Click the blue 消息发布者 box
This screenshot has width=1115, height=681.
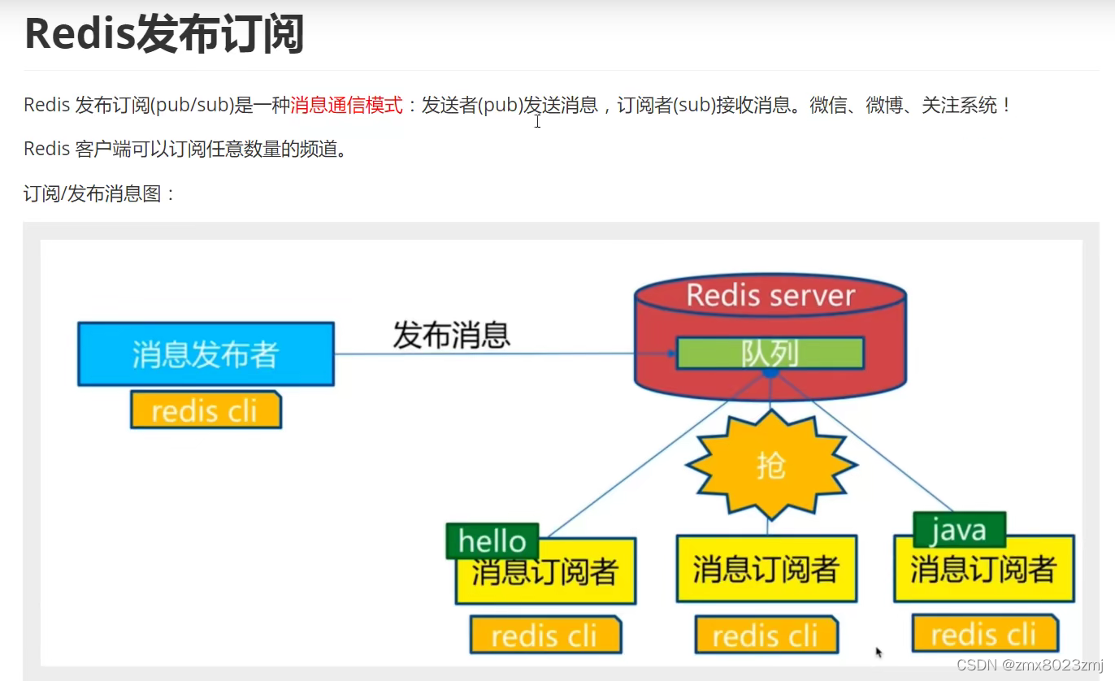pos(206,354)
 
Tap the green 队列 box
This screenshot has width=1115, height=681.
pos(770,353)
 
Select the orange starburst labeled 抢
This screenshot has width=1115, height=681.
pos(770,466)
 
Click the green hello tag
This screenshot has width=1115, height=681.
pos(492,541)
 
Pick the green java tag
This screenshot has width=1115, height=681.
pos(959,531)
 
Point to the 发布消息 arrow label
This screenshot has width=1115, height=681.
pos(452,335)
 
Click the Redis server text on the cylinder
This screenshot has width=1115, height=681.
pos(770,295)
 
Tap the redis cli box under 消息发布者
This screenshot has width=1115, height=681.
pos(206,410)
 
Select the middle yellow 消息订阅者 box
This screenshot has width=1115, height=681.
pos(766,570)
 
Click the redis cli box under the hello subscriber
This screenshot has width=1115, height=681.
pos(545,635)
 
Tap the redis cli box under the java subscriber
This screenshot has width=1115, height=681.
pos(984,633)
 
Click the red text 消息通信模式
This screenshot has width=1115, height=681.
pos(347,105)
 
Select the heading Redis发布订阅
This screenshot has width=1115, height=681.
pos(164,34)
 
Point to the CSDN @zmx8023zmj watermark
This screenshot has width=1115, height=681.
pos(1030,666)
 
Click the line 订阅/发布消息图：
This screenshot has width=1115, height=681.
pos(100,194)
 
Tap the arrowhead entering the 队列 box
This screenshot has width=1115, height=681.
pos(671,354)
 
